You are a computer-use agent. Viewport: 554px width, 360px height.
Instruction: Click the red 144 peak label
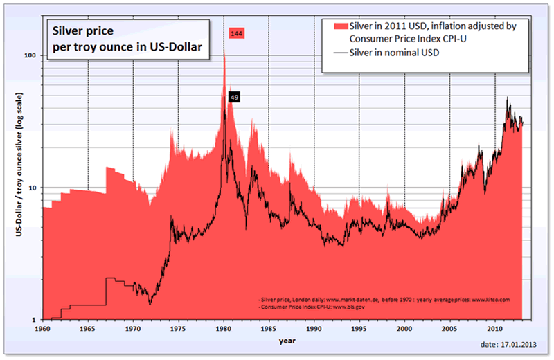[x=238, y=33]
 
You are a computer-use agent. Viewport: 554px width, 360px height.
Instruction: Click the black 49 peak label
[x=234, y=98]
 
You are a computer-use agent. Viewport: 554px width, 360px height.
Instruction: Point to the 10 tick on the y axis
[x=33, y=188]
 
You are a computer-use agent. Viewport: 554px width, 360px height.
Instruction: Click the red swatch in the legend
[x=341, y=26]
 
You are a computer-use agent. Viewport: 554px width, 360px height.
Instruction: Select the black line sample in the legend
[x=341, y=52]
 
